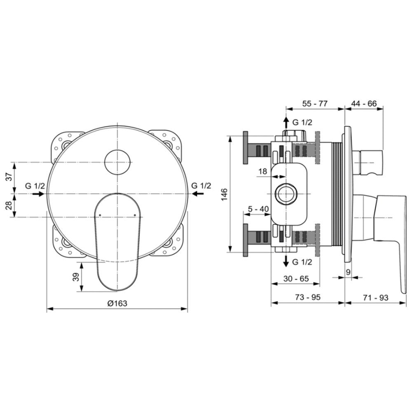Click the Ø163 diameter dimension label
click(117, 303)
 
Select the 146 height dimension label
click(225, 194)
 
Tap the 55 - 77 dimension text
click(315, 103)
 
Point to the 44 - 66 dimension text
click(364, 103)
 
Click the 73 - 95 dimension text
click(308, 297)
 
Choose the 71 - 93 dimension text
click(375, 298)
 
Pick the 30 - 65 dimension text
click(296, 279)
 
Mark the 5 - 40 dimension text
click(258, 209)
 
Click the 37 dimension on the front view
click(9, 177)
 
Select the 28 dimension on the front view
click(9, 205)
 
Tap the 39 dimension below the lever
click(76, 277)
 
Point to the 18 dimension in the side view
click(263, 171)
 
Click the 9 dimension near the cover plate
click(348, 272)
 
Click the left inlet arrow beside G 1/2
click(38, 194)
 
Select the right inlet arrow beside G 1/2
click(198, 194)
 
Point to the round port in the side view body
click(286, 194)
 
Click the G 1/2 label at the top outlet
click(302, 122)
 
